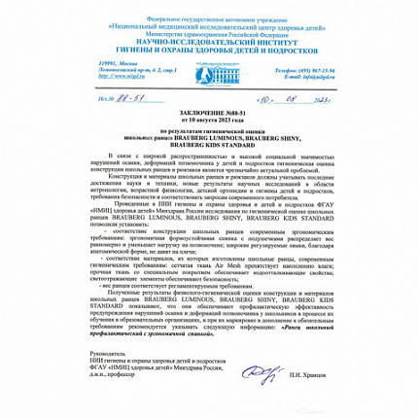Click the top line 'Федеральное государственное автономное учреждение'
208,5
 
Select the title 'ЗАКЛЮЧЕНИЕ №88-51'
208,115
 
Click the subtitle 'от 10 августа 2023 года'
208,122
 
